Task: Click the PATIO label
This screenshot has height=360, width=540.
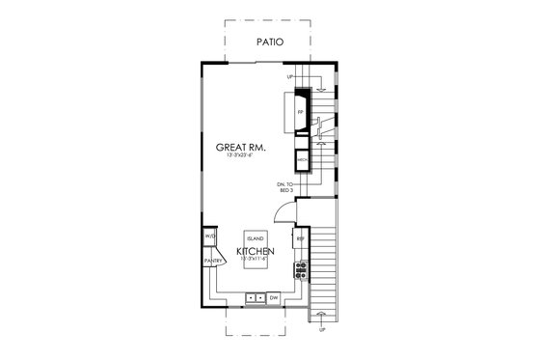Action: pos(271,42)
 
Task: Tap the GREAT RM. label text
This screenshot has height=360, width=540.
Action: pos(241,147)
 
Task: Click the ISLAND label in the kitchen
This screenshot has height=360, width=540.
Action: pos(256,236)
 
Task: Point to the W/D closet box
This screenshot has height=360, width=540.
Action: pos(209,237)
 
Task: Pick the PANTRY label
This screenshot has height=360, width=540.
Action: pos(213,260)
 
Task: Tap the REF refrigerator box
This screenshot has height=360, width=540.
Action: pos(301,237)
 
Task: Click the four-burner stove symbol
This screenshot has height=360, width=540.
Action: pos(301,267)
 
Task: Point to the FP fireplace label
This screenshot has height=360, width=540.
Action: pos(300,111)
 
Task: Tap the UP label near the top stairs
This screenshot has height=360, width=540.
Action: pos(289,76)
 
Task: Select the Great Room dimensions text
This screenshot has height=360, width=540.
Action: pos(241,156)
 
